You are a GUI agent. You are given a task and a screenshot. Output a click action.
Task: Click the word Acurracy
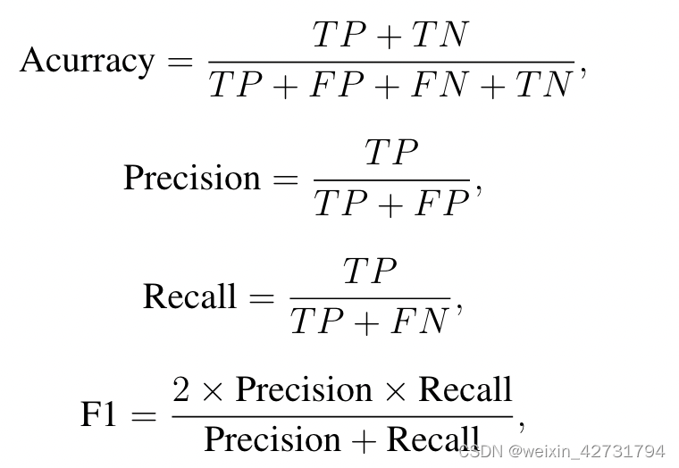tap(87, 61)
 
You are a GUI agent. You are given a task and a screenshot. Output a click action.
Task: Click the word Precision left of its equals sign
tap(191, 178)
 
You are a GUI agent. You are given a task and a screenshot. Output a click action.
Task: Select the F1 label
tap(100, 414)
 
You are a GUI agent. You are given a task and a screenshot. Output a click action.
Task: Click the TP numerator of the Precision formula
tap(391, 154)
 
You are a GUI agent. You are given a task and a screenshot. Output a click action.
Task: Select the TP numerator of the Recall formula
tap(370, 272)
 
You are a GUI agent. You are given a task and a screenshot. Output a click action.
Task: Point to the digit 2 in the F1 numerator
tap(182, 389)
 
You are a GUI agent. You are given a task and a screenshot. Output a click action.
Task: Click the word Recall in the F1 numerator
tap(465, 389)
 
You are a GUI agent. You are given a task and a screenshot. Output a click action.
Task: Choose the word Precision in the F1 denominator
tap(261, 439)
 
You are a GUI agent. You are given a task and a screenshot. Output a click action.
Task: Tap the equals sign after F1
tap(145, 414)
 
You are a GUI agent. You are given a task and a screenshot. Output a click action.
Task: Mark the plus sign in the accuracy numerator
tap(388, 37)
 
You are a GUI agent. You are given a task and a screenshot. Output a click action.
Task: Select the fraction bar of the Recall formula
tap(370, 297)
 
